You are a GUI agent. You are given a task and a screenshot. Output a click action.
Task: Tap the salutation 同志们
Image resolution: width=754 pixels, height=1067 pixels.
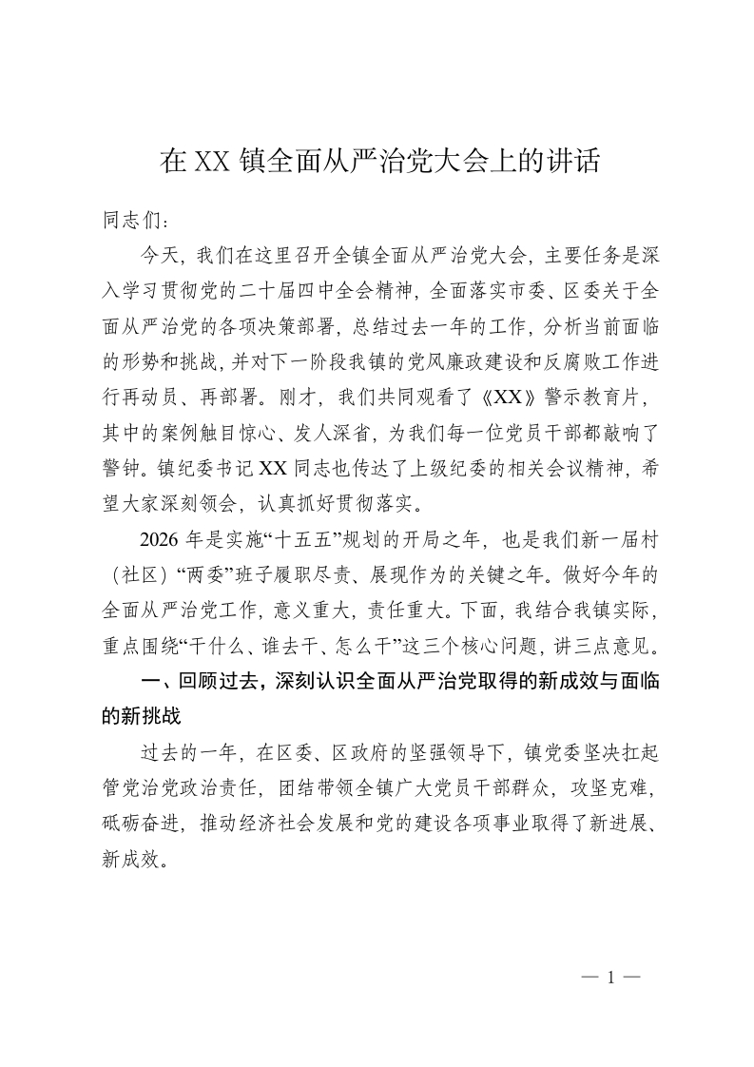[134, 221]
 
